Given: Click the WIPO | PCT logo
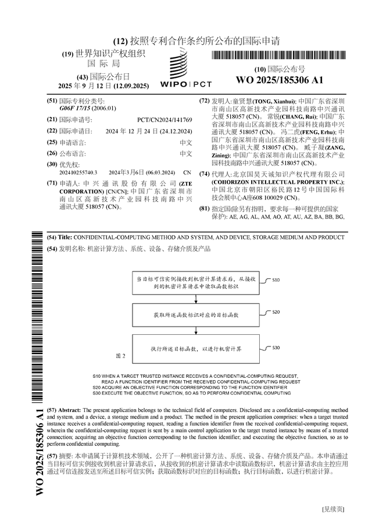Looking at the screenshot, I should coord(178,69).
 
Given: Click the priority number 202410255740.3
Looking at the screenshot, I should coord(78,173).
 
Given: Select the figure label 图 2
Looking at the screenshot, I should coord(121,355).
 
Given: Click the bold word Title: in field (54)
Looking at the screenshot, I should coord(65,238).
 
